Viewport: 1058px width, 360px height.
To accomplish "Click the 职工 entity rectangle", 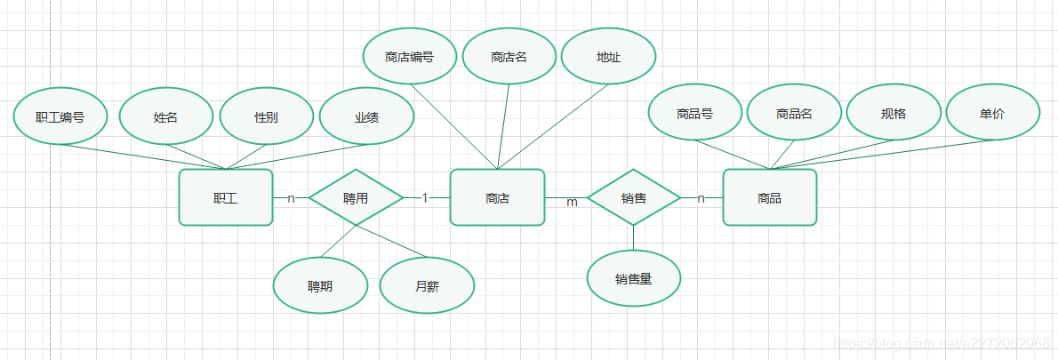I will (x=226, y=197).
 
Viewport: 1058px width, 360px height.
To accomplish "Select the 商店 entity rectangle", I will (x=497, y=197).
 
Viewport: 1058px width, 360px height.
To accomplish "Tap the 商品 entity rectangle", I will (x=769, y=197).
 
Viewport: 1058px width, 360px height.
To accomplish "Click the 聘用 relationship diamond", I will (x=356, y=197).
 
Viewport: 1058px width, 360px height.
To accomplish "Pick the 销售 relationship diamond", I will (x=634, y=197).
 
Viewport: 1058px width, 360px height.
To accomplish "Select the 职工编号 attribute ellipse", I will (x=60, y=116).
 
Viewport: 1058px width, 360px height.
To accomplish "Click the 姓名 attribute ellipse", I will (x=165, y=116).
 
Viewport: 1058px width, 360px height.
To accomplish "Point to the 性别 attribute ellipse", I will (x=266, y=116).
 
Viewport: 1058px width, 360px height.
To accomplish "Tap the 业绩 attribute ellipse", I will (x=366, y=116).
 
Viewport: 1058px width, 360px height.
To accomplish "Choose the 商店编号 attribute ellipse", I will (x=410, y=57).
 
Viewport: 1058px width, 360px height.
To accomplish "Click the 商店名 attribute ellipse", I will (x=509, y=57).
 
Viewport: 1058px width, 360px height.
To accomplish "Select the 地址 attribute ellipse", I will (x=609, y=57).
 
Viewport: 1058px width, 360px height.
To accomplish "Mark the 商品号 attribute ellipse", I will (x=694, y=113).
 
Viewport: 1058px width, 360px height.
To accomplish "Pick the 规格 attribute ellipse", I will (x=894, y=113).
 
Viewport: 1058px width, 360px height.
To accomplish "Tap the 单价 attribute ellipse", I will (x=993, y=113).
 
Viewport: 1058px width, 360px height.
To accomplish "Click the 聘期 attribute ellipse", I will (x=320, y=286).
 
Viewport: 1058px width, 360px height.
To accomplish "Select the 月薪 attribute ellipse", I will (x=427, y=286).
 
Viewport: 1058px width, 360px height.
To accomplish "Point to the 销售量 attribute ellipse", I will (x=634, y=279).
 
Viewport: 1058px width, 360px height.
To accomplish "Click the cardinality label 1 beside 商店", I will (x=425, y=197).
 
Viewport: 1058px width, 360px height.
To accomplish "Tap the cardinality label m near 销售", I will (x=572, y=203).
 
